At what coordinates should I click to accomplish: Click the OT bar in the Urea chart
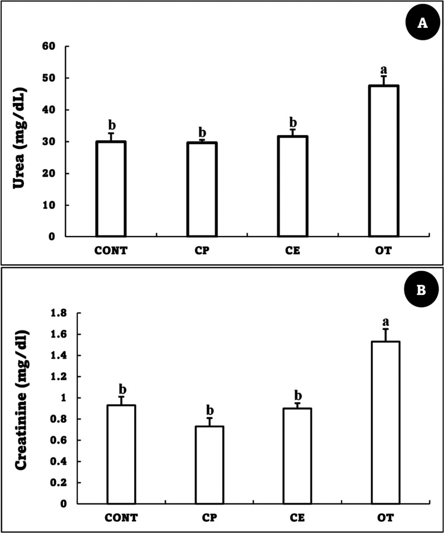383,161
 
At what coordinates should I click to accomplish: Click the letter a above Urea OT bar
383,70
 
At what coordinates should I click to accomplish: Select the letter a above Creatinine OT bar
384,322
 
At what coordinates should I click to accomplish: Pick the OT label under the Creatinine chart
384,518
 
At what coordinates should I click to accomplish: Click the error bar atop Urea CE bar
292,132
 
